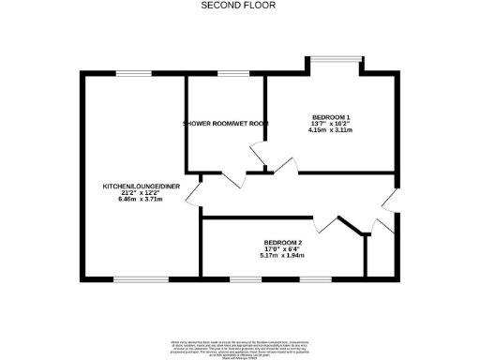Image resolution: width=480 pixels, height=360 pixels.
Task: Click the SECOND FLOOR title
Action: (240, 5)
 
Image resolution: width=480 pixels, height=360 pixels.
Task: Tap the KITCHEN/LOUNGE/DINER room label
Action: (141, 187)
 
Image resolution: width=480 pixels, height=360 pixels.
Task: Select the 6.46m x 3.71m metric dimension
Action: (141, 199)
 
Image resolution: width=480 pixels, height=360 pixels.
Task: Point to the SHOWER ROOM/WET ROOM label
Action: (226, 123)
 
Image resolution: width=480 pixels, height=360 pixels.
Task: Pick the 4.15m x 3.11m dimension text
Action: (329, 129)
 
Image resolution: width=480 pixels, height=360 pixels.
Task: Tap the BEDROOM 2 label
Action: (283, 241)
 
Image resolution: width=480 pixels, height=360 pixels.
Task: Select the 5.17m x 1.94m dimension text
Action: (283, 254)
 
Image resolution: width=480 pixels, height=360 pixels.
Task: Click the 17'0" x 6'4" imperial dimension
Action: (283, 247)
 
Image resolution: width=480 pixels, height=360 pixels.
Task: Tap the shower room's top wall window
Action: (227, 73)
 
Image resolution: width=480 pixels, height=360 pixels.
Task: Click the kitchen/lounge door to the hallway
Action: (194, 192)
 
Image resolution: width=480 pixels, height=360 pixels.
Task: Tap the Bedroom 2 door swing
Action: (327, 223)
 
